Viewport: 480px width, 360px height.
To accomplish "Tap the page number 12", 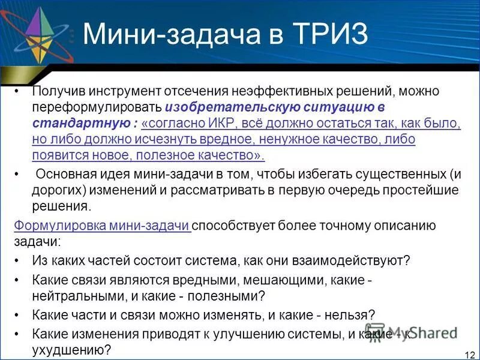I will click(x=469, y=353).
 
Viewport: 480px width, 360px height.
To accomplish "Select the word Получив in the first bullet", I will click(x=58, y=91).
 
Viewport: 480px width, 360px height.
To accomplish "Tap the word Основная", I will click(x=67, y=175).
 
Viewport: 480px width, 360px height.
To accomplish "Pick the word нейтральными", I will click(x=75, y=296).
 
